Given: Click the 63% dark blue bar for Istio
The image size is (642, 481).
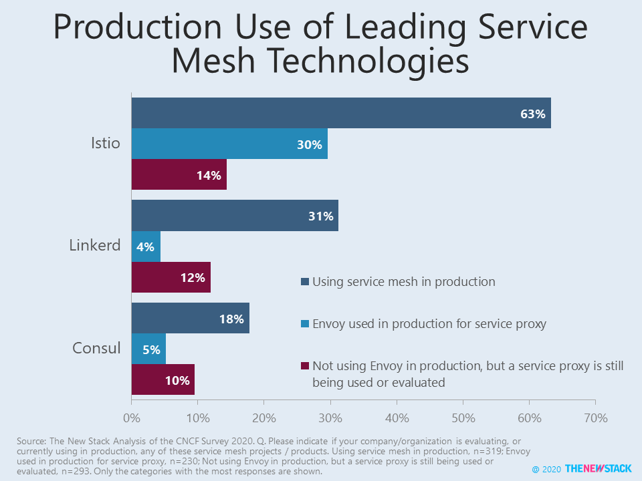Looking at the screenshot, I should [341, 113].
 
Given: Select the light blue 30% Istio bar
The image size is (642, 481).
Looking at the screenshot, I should [229, 144].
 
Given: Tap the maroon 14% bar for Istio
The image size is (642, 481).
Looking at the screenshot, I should [179, 175].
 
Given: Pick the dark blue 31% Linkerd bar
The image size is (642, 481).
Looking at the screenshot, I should [235, 215].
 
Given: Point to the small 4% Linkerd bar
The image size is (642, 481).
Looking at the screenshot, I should [146, 246].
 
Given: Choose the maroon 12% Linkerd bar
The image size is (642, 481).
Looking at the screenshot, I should [171, 277].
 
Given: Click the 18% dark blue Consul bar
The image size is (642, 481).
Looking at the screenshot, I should [191, 318].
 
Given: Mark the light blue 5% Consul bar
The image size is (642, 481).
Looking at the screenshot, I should [148, 349].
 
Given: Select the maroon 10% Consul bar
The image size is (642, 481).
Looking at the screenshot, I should [163, 379].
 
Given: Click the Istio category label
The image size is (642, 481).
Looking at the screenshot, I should [106, 144].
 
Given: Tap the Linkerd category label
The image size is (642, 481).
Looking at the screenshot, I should [95, 245].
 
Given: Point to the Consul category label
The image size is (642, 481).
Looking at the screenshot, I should [96, 348].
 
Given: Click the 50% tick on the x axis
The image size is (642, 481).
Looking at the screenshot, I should [463, 418].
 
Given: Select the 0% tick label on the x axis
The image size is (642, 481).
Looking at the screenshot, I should [132, 418].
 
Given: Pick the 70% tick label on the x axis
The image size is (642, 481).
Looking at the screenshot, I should [595, 418].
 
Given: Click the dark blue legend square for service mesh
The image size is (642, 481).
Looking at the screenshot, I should [305, 282].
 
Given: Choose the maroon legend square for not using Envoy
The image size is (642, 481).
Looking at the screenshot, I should [305, 366].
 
